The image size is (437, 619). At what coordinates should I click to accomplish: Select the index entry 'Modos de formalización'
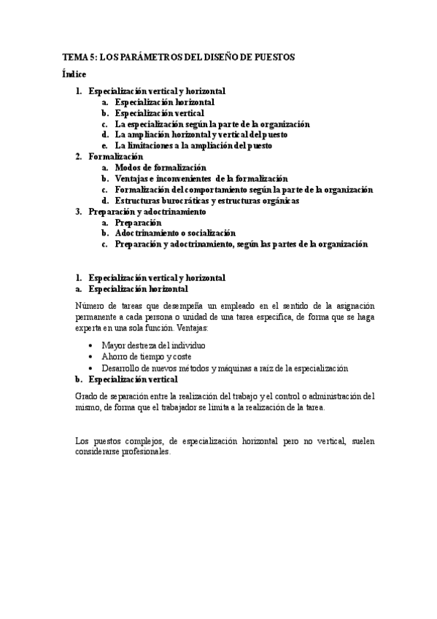[161, 168]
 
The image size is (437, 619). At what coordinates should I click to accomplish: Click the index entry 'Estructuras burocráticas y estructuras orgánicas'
[206, 201]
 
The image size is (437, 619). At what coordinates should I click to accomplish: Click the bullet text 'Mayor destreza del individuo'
[154, 345]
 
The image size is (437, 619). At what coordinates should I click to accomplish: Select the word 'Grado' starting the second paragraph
[86, 396]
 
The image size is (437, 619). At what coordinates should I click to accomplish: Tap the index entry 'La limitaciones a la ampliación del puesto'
[193, 146]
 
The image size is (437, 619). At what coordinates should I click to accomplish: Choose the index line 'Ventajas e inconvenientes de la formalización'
[201, 179]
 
